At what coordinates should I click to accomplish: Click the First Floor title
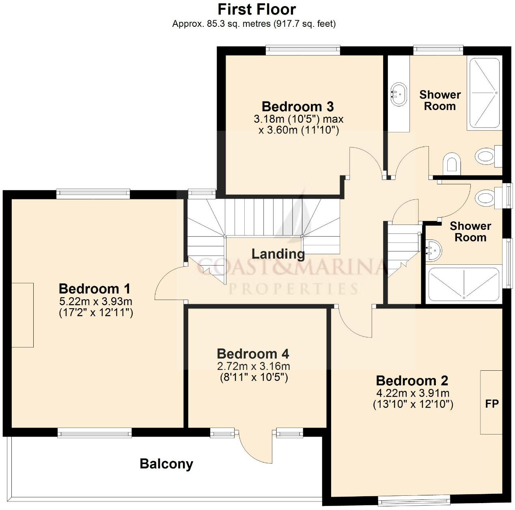[257, 9]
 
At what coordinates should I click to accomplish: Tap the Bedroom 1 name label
[95, 289]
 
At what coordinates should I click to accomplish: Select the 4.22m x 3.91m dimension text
[413, 393]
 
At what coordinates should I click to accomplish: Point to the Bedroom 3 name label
[297, 106]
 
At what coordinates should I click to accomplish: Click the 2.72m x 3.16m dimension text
[253, 366]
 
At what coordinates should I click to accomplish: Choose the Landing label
[278, 254]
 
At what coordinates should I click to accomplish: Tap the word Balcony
[166, 464]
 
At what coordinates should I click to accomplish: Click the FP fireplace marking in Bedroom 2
[491, 404]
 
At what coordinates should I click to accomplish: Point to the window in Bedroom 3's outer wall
[303, 50]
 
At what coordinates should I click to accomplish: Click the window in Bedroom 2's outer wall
[414, 501]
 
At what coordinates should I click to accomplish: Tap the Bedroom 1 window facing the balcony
[95, 433]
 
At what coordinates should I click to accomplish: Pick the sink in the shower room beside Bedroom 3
[399, 94]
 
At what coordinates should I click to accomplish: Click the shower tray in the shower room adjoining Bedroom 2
[463, 285]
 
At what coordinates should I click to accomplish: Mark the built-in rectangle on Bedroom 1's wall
[22, 315]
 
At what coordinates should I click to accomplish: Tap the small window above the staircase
[202, 193]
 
